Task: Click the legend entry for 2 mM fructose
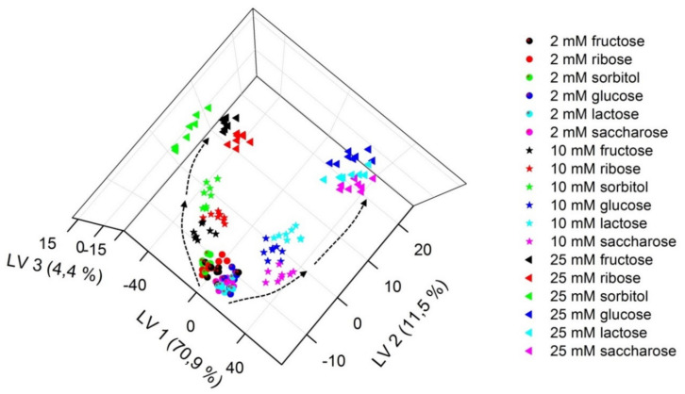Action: coord(598,41)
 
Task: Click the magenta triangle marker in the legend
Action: coord(532,351)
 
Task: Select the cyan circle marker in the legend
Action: coord(532,114)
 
